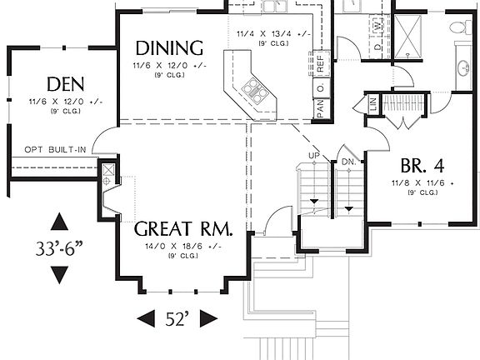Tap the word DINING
169,47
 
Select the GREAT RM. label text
182,227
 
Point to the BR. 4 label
422,163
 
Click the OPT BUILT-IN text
54,149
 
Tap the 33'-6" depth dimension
59,247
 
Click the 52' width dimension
176,317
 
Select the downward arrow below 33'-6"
59,273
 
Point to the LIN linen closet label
372,105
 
